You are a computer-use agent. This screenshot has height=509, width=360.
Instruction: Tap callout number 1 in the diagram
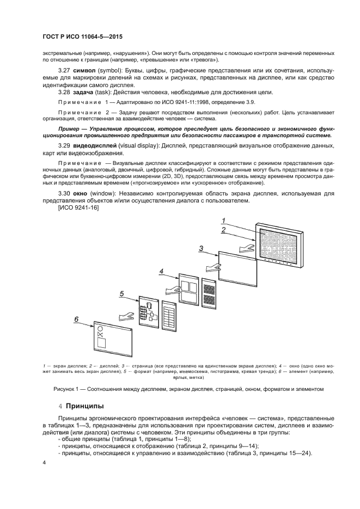pos(223,220)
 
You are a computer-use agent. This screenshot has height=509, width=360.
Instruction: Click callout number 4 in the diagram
pos(161,271)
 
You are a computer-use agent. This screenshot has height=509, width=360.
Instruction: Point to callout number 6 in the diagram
pos(77,319)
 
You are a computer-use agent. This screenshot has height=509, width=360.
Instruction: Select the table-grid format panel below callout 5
pos(169,315)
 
